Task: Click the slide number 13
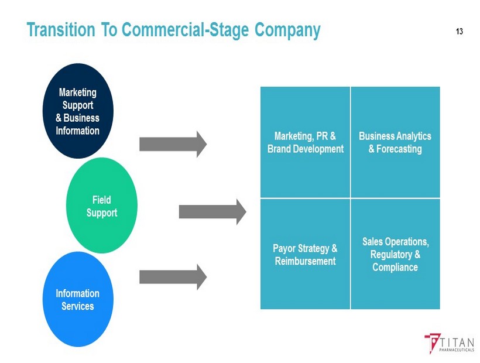[x=458, y=31]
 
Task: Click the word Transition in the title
[x=62, y=30]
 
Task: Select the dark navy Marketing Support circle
[x=77, y=111]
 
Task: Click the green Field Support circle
[x=102, y=207]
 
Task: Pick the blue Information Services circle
[x=77, y=299]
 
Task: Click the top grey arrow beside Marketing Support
[x=173, y=143]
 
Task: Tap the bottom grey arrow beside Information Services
[x=173, y=276]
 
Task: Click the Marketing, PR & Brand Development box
[x=305, y=142]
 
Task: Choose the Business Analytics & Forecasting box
[x=395, y=142]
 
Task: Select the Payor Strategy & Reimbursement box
[x=305, y=254]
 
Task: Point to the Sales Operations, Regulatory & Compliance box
[x=395, y=254]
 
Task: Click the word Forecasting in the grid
[x=395, y=149]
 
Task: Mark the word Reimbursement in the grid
[x=305, y=261]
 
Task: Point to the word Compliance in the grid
[x=395, y=268]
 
